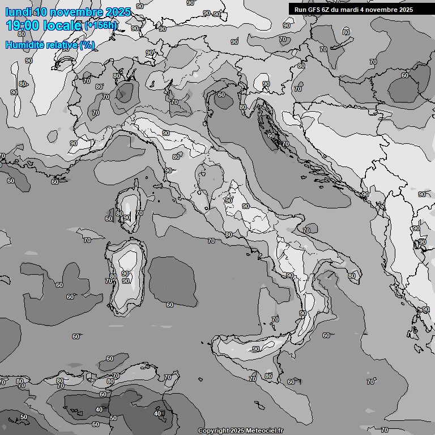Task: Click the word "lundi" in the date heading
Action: (18, 12)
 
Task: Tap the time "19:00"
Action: (24, 25)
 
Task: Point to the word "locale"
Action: (63, 25)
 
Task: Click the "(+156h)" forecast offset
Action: (100, 25)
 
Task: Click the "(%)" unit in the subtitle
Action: (87, 45)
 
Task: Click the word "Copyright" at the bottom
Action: (213, 430)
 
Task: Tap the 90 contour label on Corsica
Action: (127, 217)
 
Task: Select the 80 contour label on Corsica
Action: (119, 214)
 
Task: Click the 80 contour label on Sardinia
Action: (113, 276)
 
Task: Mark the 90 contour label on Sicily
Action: (256, 349)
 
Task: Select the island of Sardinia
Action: (127, 278)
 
